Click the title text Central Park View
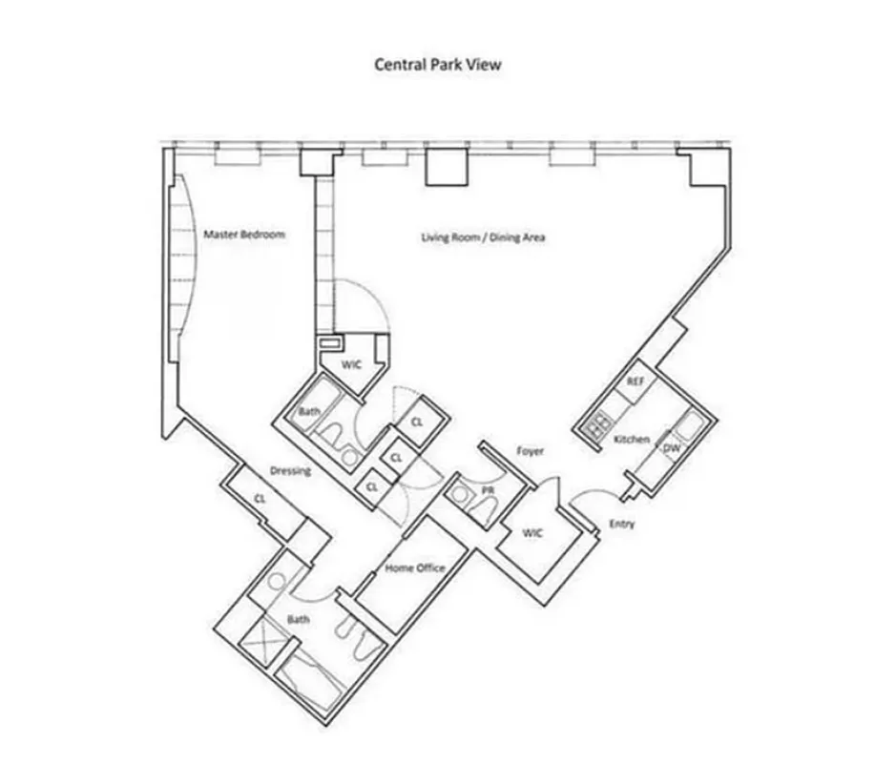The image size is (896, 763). point(437,65)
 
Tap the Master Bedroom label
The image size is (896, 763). point(243,234)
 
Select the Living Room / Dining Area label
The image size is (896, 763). point(483,237)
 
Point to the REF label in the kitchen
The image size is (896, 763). point(636,381)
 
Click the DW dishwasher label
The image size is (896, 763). point(671,447)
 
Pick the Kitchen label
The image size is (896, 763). point(631,439)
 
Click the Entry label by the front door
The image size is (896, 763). point(621,524)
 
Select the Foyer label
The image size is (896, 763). point(531,451)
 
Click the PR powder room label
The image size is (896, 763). point(488,491)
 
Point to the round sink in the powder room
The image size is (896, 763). point(462,495)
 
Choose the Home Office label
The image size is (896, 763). point(414,568)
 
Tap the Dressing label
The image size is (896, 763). point(291,470)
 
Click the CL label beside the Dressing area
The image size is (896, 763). point(260,497)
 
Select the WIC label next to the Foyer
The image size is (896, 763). point(532,532)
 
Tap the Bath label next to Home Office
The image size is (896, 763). point(299,620)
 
